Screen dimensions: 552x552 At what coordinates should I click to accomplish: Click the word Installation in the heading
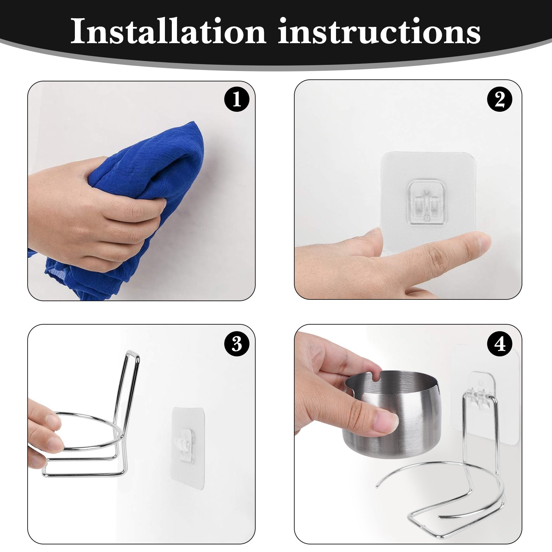168,32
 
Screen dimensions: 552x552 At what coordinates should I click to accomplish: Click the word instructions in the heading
379,32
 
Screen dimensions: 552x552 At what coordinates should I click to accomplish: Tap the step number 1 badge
237,99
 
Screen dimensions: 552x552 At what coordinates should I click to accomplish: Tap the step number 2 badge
500,99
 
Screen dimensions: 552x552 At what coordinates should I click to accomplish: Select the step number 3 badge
237,344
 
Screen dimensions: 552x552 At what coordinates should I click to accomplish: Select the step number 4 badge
500,344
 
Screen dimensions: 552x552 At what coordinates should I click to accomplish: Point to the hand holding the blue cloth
93,214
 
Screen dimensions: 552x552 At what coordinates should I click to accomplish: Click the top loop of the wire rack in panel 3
132,355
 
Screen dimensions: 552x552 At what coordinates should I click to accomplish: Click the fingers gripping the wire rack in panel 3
45,435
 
